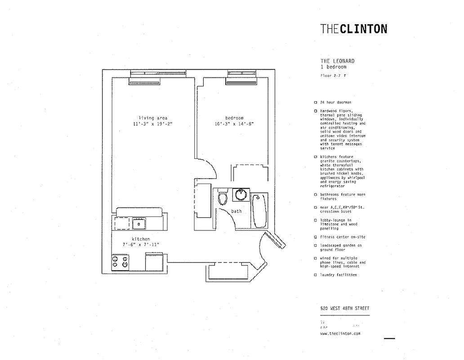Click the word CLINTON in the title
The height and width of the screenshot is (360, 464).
tap(364, 29)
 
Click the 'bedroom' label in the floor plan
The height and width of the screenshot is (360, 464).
tap(234, 118)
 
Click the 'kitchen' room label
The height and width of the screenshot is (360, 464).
tap(141, 239)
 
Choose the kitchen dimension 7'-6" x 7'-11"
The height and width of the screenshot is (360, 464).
tap(141, 244)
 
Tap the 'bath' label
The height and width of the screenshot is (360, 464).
tap(236, 211)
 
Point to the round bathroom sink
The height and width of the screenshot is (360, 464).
tap(241, 195)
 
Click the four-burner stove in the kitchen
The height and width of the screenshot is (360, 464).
tap(120, 262)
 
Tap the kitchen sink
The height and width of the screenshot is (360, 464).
tap(139, 223)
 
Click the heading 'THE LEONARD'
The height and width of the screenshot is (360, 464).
tap(337, 61)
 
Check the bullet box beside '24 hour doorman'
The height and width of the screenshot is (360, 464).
tap(316, 103)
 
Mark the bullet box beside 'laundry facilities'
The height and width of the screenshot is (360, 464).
tap(316, 275)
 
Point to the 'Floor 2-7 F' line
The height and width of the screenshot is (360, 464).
tap(333, 76)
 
